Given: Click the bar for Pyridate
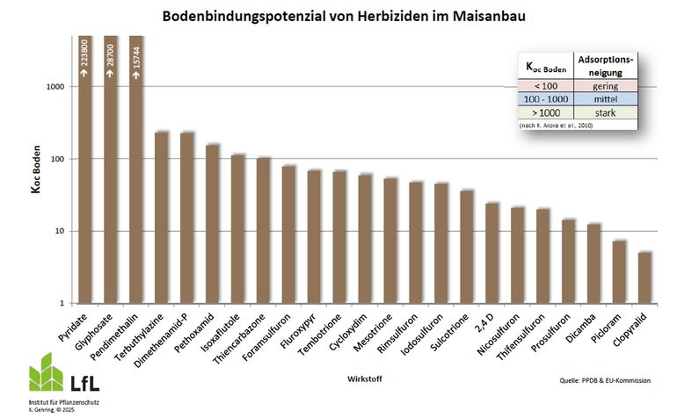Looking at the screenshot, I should [85, 176].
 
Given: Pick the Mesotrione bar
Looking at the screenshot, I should [390, 241].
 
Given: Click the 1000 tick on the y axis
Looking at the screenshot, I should [55, 87].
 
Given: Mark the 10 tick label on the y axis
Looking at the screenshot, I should [59, 231].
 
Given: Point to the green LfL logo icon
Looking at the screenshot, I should [46, 375].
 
